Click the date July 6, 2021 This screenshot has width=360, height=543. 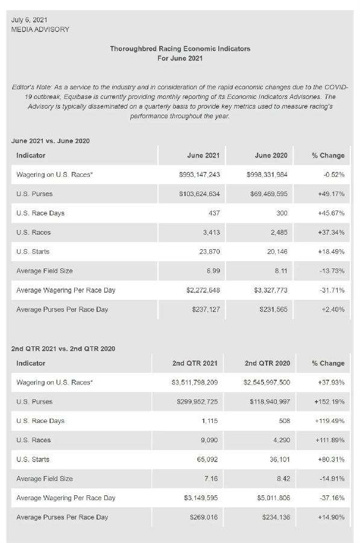29,20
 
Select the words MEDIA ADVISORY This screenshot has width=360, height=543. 40,30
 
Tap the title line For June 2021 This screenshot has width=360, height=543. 180,58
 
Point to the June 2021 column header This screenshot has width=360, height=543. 204,156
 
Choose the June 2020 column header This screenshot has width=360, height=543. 271,156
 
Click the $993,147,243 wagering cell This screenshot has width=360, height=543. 200,174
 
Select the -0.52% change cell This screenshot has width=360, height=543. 333,174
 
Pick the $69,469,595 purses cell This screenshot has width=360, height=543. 269,194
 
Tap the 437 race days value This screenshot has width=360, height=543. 214,213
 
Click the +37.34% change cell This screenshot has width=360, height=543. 331,232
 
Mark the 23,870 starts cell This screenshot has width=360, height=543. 209,252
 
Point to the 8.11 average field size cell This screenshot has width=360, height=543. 281,271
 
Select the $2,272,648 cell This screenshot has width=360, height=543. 203,290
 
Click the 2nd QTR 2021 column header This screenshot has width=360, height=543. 195,363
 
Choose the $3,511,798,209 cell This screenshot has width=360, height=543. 195,383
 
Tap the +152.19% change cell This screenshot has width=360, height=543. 329,402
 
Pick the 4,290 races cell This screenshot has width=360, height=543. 282,440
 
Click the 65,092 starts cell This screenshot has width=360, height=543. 207,460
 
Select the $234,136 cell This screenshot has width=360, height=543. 276,518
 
